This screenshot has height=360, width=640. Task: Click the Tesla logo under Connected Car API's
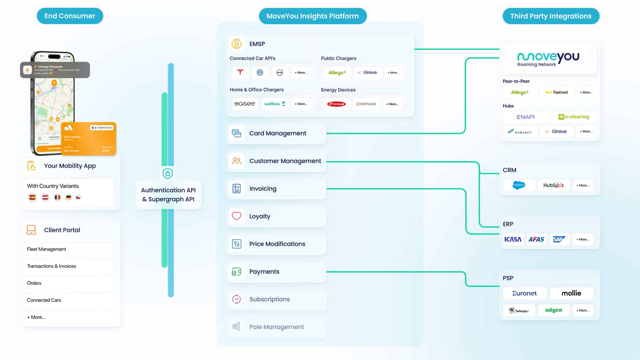[240, 72]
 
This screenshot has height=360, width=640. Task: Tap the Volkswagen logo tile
[260, 72]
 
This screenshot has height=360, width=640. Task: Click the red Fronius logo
[336, 104]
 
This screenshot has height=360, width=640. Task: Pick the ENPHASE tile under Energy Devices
[366, 104]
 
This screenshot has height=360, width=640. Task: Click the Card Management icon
[236, 133]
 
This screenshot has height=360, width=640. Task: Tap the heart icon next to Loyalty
[236, 216]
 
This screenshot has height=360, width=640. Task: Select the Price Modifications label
[277, 244]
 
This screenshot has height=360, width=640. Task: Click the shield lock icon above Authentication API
[168, 173]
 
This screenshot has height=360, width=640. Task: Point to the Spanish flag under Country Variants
[32, 197]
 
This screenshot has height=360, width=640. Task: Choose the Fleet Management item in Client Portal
[46, 249]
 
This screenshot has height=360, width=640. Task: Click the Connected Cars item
[44, 300]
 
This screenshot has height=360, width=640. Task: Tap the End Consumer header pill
[70, 16]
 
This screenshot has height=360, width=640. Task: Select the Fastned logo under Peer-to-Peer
[556, 92]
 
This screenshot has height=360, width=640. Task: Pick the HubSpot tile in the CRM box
[553, 185]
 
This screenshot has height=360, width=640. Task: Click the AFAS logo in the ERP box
[536, 239]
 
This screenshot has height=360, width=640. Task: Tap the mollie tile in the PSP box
[571, 293]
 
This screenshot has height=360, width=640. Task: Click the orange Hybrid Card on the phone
[89, 139]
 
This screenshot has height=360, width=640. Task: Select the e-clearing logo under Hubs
[574, 117]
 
